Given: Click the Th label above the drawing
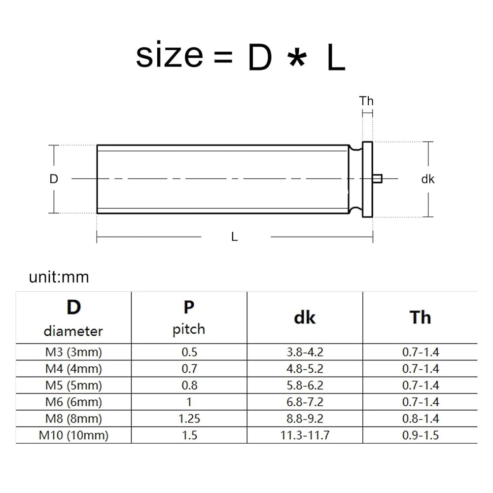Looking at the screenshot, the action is pos(366,101).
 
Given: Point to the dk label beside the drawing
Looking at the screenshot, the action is pos(427,179).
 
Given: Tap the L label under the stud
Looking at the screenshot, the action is pos(234,237).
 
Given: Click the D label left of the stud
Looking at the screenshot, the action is pos(54,179).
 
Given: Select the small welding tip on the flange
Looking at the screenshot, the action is pos(377,178).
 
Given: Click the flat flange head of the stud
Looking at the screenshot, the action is pos(367,179).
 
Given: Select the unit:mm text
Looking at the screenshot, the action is pos(59,277).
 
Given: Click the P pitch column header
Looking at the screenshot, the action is pos(189,317).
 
